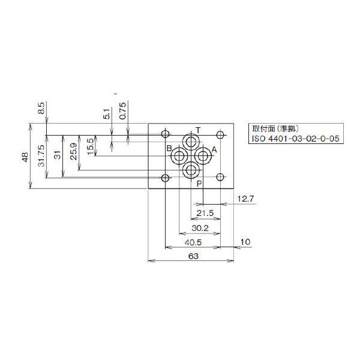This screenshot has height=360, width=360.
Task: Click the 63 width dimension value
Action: (x=193, y=256)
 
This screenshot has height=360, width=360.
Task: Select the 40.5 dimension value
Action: (x=193, y=242)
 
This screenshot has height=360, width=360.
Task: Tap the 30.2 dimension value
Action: (x=200, y=229)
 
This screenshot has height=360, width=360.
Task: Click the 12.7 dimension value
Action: (x=247, y=199)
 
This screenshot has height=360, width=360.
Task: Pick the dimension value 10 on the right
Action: (x=245, y=242)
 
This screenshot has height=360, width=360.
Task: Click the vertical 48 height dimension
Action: (x=25, y=157)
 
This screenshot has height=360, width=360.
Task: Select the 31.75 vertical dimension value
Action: (x=41, y=157)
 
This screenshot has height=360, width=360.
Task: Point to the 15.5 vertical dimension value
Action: (x=90, y=146)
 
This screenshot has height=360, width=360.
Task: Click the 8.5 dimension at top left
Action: (x=41, y=110)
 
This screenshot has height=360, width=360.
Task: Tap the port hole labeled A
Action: (x=203, y=157)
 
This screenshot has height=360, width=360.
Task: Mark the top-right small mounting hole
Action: (x=221, y=134)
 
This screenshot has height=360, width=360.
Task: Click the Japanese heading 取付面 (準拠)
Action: (x=274, y=128)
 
